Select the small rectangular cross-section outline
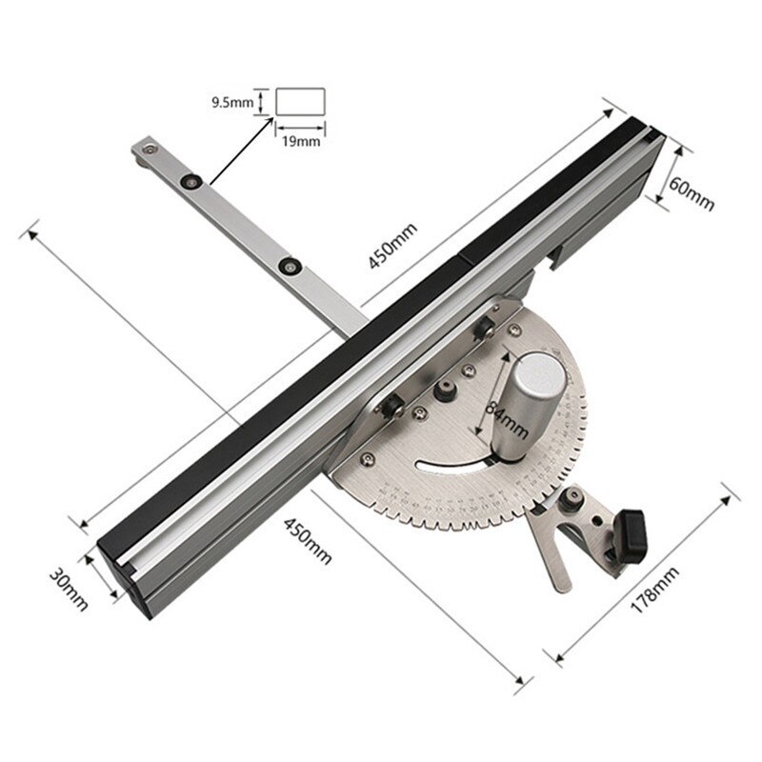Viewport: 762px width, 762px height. click(301, 102)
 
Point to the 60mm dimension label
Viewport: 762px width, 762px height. click(690, 191)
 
